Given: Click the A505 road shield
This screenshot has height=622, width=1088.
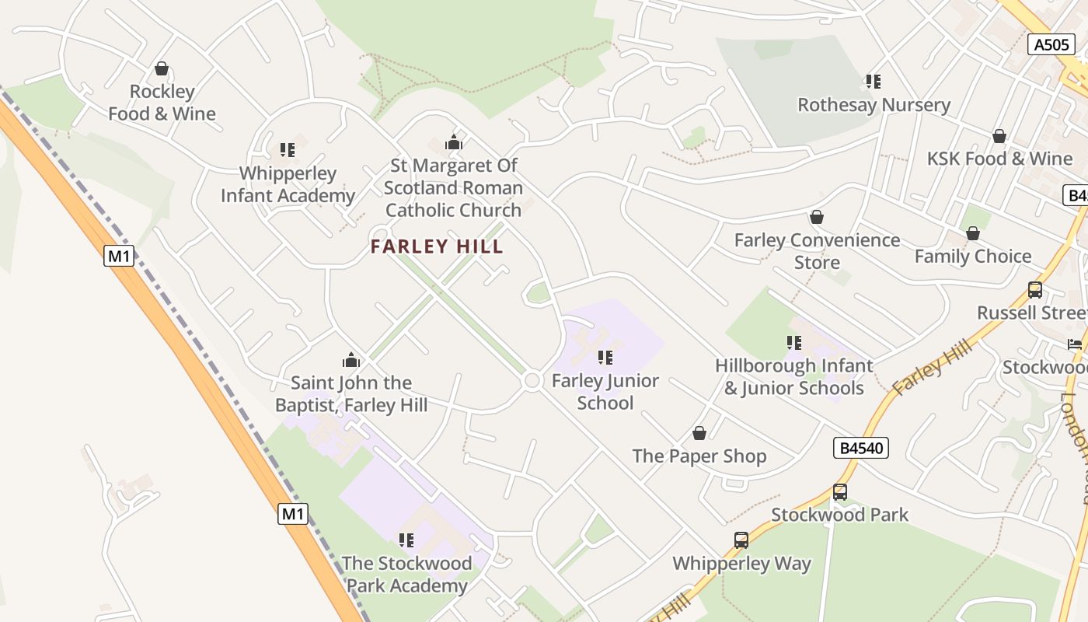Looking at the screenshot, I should point(1052,44).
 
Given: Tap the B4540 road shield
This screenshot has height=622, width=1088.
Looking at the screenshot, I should point(860,448).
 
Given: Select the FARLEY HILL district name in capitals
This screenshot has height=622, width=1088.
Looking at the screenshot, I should point(437,247).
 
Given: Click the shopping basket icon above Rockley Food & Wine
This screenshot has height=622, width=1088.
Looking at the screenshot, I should point(162,69).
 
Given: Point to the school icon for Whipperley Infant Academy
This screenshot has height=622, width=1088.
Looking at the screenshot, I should point(288,150).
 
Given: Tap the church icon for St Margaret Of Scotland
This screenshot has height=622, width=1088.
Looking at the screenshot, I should point(454,142).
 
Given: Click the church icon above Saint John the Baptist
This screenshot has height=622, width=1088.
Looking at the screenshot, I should point(351,360).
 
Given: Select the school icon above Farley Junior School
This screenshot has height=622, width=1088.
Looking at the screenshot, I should point(605,358).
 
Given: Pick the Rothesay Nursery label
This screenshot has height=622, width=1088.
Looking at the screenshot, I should point(874,105).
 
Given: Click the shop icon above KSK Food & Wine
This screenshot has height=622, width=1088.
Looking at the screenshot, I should point(999,136).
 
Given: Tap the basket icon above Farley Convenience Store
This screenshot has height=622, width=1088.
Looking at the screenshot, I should point(816,217).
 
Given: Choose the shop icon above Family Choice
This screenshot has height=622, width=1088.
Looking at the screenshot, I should point(973,233).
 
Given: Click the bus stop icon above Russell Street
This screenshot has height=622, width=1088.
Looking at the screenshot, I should point(1035,290).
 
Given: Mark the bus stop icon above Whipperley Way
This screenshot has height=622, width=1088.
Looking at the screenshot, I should point(741,540).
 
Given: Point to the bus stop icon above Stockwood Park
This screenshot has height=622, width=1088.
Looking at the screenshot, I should point(840,491).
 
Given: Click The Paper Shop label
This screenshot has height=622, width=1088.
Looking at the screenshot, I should point(699,456).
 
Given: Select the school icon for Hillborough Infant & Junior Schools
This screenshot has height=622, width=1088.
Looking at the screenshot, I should point(794,343).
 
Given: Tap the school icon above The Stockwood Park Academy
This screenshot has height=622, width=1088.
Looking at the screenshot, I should point(406,540).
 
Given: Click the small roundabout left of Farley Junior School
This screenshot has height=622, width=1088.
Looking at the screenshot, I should point(532,380).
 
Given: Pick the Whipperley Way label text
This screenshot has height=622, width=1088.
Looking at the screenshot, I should point(741,564).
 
